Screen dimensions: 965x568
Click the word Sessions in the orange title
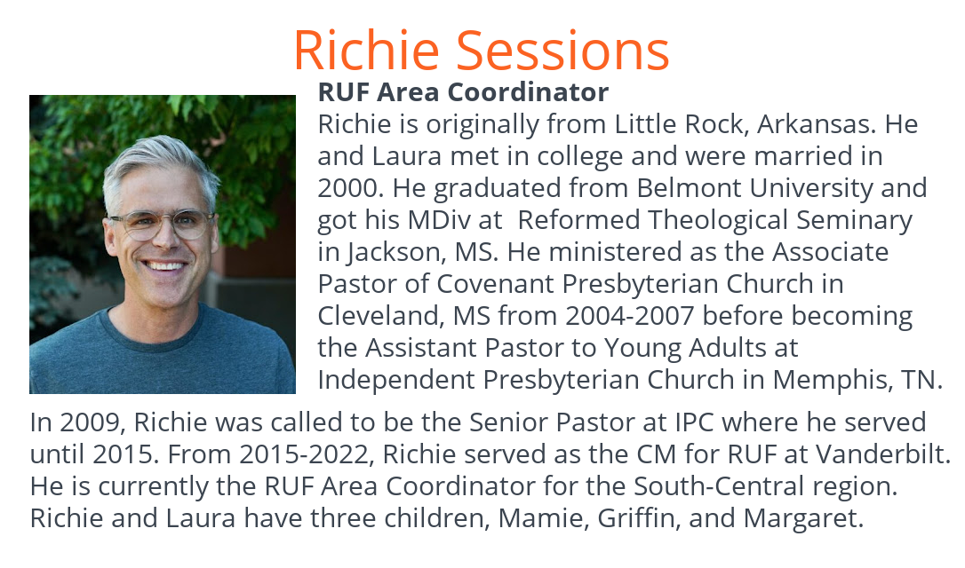tap(562, 51)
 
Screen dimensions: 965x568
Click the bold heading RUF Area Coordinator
tap(463, 92)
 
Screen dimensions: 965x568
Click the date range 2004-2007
tap(630, 316)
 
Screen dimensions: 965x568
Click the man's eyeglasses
tap(163, 224)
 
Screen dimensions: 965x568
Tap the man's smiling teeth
tap(164, 266)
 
